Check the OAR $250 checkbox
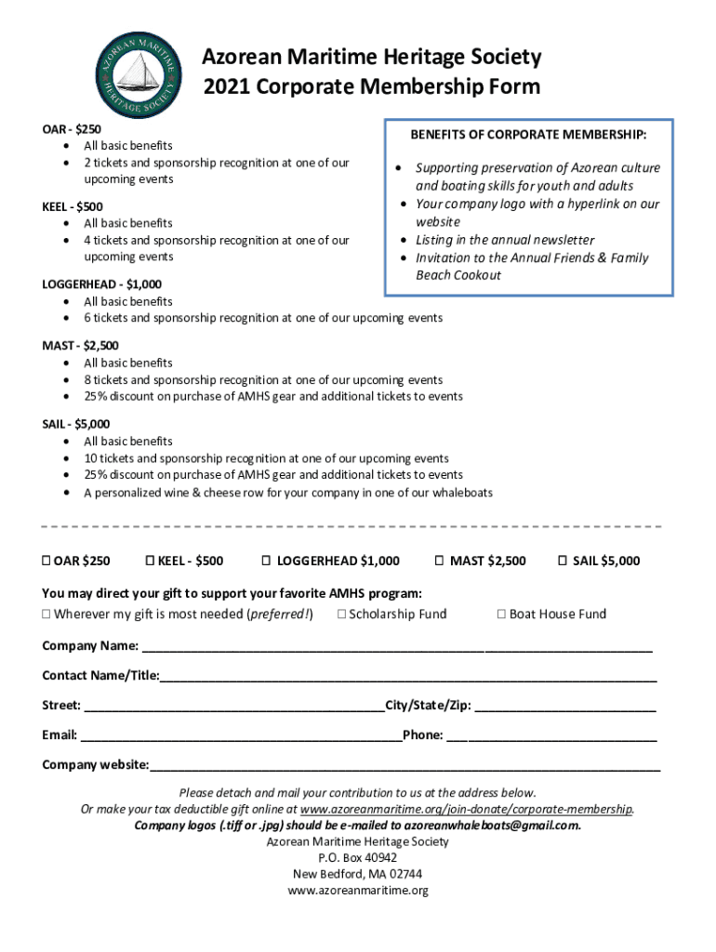pyautogui.click(x=46, y=561)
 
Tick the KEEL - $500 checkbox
pyautogui.click(x=150, y=561)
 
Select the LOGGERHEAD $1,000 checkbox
pyautogui.click(x=266, y=561)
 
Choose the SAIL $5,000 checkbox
pyautogui.click(x=562, y=561)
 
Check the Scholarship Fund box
pyautogui.click(x=341, y=614)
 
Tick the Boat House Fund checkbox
pyautogui.click(x=501, y=614)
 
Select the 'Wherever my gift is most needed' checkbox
pyautogui.click(x=46, y=614)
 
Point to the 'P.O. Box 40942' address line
pyautogui.click(x=357, y=857)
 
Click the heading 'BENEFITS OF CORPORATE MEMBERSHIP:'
pyautogui.click(x=528, y=136)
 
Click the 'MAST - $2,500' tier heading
pyautogui.click(x=81, y=346)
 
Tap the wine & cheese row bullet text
pyautogui.click(x=288, y=493)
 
